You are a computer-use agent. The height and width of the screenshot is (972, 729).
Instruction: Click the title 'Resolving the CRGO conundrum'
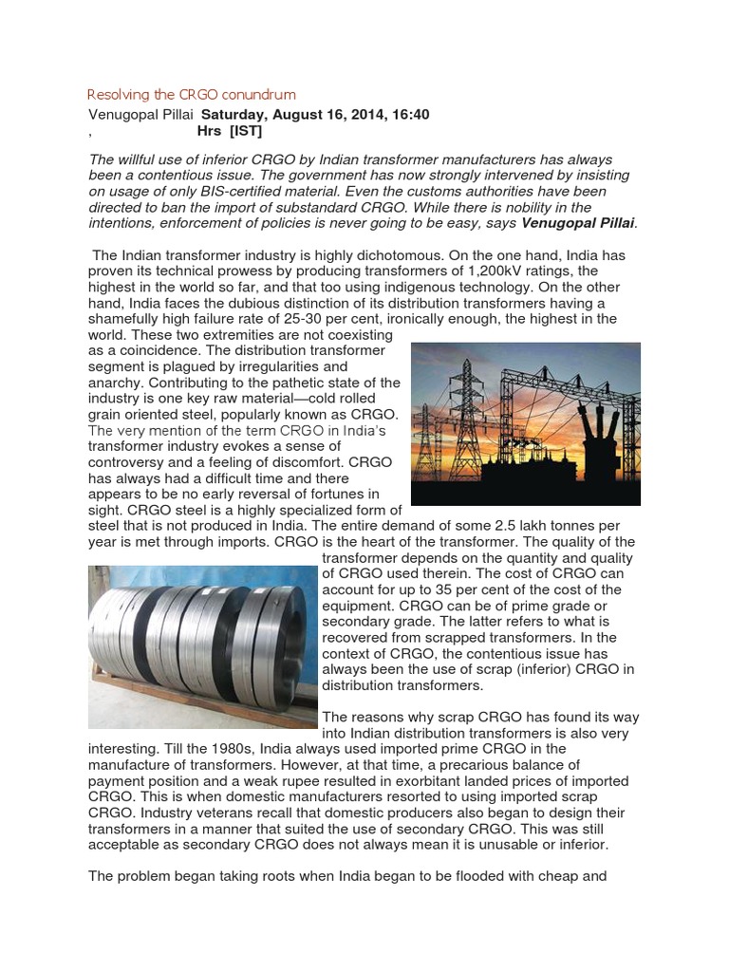191,95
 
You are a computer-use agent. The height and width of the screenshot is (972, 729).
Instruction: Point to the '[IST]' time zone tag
245,131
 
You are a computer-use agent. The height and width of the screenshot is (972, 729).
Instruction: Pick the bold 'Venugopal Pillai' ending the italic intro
579,222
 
